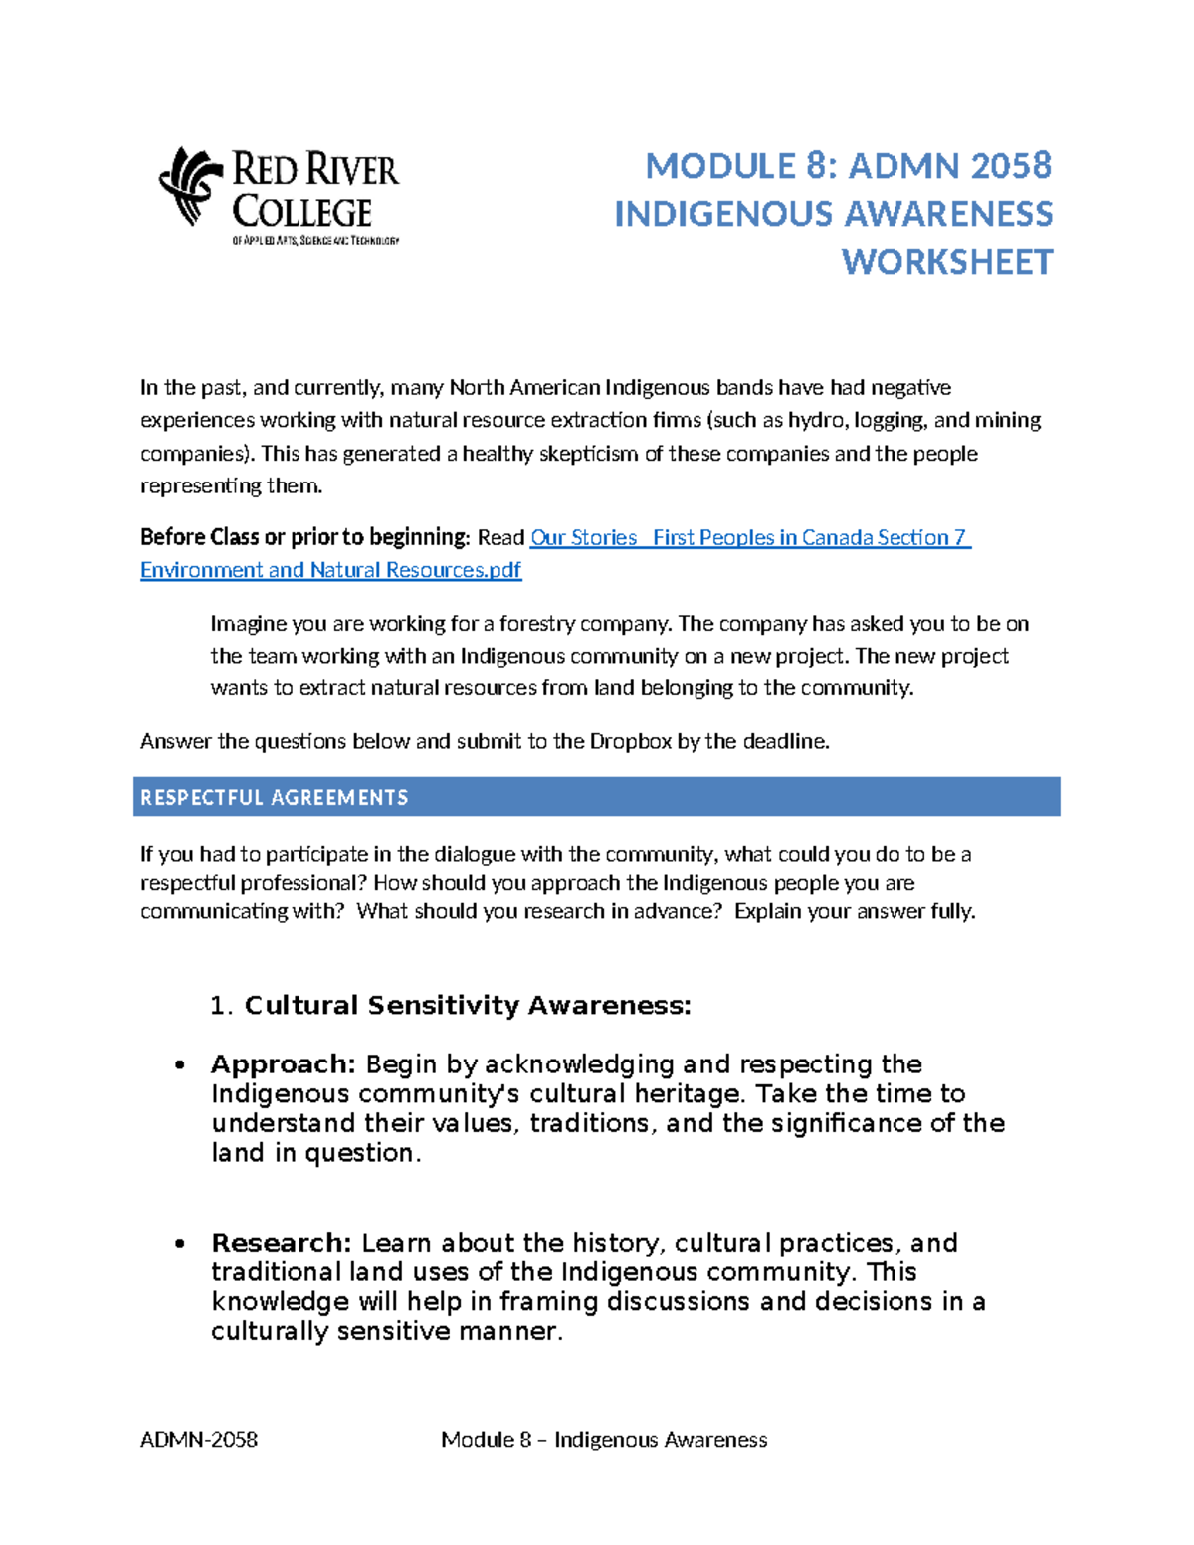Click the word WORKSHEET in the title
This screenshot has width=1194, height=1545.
coord(946,262)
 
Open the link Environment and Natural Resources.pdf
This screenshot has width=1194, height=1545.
coord(330,570)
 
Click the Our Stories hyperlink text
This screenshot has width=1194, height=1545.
coord(583,537)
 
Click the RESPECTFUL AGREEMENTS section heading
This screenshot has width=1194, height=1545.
coord(275,797)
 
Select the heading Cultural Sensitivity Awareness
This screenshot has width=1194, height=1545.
coord(468,1005)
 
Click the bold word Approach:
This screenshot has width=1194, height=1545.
coord(283,1063)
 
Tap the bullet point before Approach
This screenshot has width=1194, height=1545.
coord(179,1065)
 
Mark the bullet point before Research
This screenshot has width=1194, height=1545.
coord(179,1244)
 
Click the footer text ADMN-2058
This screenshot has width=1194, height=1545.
coord(199,1439)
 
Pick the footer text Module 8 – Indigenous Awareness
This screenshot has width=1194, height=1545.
coord(604,1439)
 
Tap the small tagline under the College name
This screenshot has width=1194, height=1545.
coord(315,241)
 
